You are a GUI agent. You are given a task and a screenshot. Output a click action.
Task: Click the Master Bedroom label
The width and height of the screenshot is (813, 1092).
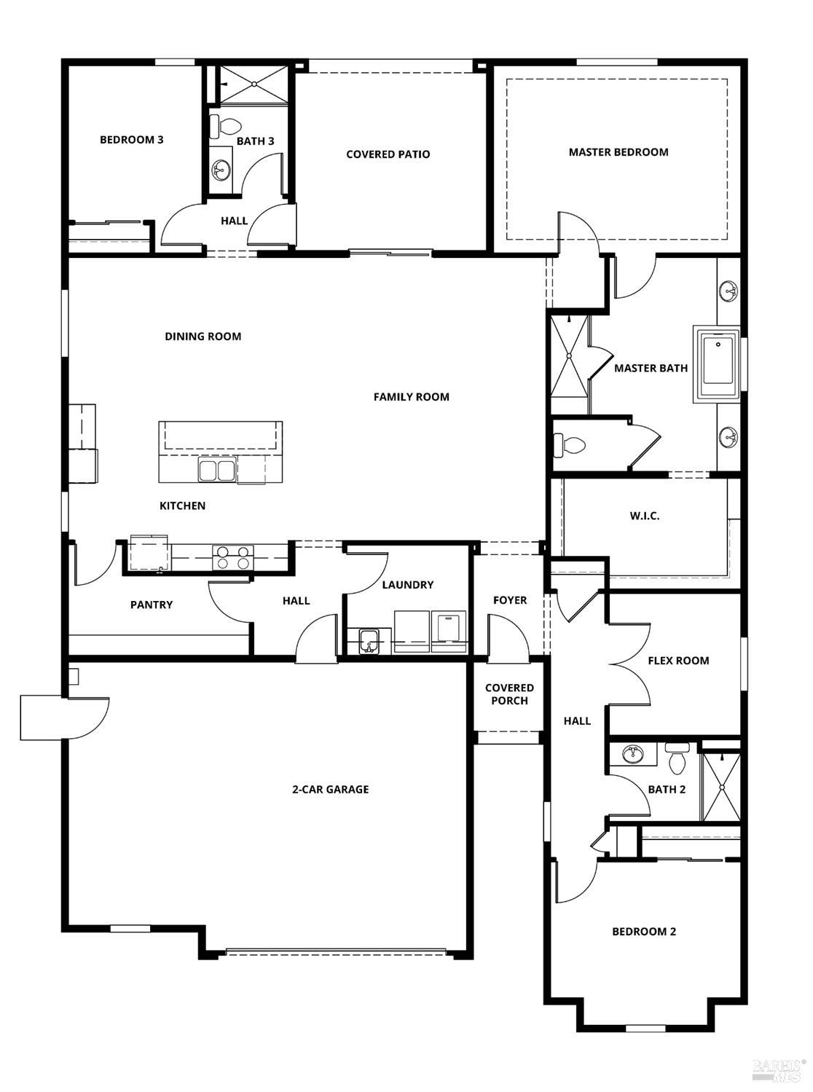click(x=618, y=152)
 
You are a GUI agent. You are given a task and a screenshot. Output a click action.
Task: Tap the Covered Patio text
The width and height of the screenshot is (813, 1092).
click(x=388, y=154)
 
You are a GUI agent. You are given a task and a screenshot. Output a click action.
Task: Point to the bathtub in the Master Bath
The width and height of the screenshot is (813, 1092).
click(x=718, y=365)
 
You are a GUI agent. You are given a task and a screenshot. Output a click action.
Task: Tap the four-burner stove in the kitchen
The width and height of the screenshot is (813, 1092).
click(x=232, y=557)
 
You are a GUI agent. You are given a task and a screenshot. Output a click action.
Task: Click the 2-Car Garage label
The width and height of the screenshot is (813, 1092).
click(x=330, y=789)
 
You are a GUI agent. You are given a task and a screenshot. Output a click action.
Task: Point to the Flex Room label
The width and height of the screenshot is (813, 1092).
click(x=678, y=661)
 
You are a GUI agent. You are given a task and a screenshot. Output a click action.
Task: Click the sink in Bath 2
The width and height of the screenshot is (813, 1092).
click(x=632, y=755)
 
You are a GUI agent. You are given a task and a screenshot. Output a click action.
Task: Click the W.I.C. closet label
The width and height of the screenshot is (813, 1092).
click(x=644, y=516)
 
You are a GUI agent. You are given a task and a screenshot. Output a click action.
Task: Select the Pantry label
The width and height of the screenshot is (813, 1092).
click(x=152, y=605)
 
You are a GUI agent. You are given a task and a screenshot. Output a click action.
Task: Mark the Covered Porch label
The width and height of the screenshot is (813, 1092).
click(x=509, y=694)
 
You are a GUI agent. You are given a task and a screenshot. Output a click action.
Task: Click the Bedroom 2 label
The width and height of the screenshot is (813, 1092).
click(x=643, y=932)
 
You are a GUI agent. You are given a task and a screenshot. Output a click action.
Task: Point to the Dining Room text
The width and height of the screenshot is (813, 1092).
click(x=203, y=337)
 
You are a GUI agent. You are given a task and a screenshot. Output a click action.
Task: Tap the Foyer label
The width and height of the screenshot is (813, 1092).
click(x=509, y=600)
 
